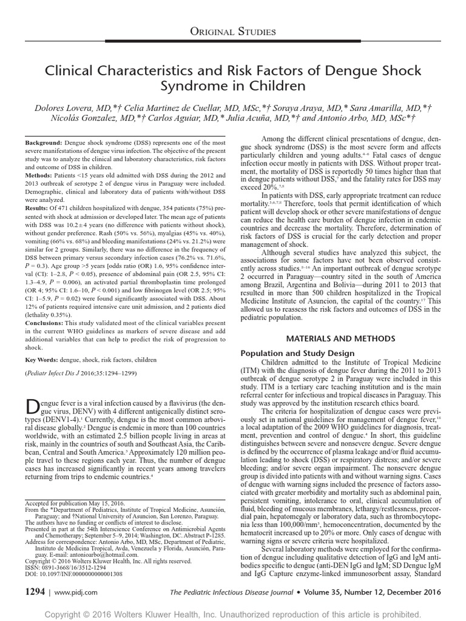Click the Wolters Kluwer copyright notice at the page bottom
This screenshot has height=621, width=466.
[233, 610]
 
